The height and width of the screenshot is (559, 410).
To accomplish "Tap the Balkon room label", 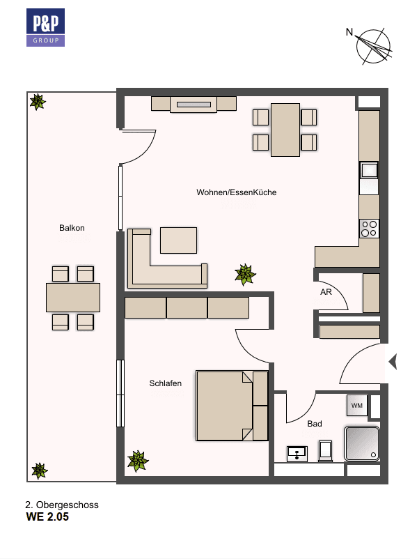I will (72, 228).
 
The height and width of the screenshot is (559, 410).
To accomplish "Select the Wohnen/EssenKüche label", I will (236, 192).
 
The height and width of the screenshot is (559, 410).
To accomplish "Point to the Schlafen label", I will (165, 383).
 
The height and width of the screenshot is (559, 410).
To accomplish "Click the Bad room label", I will (315, 423).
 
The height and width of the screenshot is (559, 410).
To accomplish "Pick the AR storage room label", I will (326, 292).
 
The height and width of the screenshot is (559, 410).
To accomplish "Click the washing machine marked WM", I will (356, 405).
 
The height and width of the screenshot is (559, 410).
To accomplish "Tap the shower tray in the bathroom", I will (362, 444).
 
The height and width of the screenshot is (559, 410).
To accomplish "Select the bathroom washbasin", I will (298, 453).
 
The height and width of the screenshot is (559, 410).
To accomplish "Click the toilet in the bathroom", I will (325, 450).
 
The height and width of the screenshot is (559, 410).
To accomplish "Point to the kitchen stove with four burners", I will (369, 228).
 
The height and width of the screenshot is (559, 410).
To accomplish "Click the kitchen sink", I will (369, 171).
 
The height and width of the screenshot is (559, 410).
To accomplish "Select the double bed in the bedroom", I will (232, 405).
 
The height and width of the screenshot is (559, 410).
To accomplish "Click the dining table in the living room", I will (285, 130).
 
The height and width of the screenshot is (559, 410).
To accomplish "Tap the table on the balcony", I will (72, 297).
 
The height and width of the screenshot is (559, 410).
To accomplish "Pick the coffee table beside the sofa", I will (178, 240).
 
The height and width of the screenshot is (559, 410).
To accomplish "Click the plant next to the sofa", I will (244, 274).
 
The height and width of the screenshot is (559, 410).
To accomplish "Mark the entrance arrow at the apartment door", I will (392, 362).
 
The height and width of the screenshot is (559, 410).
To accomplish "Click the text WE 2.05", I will (47, 518).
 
